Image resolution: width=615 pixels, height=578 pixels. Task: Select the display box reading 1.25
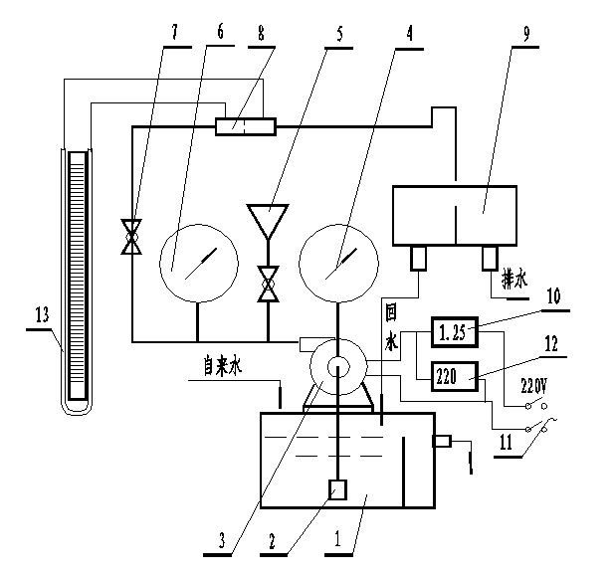pos(454,332)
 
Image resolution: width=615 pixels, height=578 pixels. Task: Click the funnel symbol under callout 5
pos(267,222)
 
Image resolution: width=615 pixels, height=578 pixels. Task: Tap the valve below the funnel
pos(267,284)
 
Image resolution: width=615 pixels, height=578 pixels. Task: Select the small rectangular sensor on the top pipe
pos(245,126)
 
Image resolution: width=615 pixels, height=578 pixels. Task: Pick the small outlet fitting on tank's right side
pos(441,442)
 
